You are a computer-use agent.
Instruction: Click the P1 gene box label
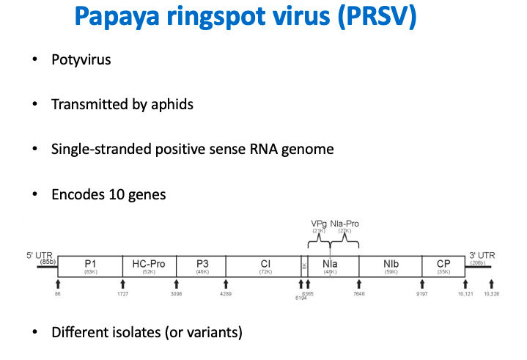pyautogui.click(x=91, y=262)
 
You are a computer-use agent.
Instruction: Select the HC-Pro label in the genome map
pyautogui.click(x=147, y=262)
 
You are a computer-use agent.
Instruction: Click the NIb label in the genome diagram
pyautogui.click(x=389, y=262)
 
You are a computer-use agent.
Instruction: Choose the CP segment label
pyautogui.click(x=443, y=262)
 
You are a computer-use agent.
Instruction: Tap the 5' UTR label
pyautogui.click(x=38, y=255)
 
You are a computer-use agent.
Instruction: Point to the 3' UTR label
pyautogui.click(x=482, y=255)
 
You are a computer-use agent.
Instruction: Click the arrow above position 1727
pyautogui.click(x=122, y=284)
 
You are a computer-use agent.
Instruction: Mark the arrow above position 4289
pyautogui.click(x=226, y=284)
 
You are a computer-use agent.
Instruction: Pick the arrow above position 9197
pyautogui.click(x=421, y=284)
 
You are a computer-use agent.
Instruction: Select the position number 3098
pyautogui.click(x=176, y=293)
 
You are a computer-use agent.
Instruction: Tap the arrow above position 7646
pyautogui.click(x=358, y=284)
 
